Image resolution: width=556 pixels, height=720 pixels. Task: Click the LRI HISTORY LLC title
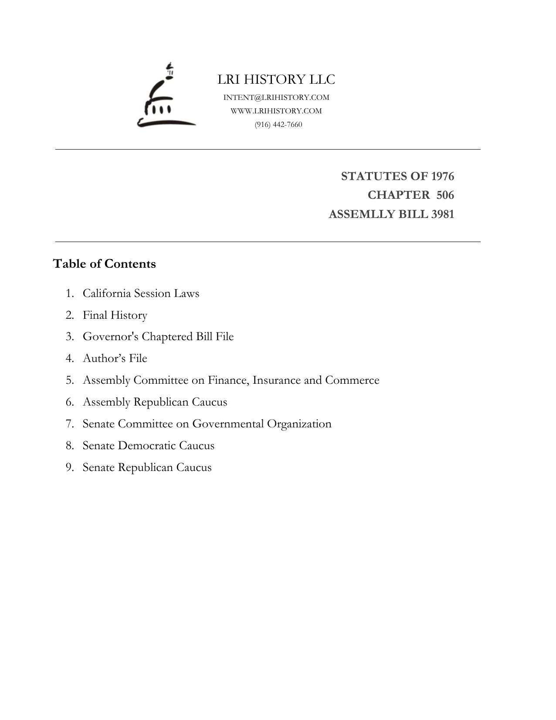[x=276, y=79]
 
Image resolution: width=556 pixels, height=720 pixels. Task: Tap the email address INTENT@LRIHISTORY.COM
[x=276, y=97]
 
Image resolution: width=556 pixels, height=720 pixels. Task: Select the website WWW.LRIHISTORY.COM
[x=276, y=111]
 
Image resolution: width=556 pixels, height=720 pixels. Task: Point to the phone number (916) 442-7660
[x=278, y=125]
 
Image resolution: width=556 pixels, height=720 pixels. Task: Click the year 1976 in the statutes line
[x=442, y=176]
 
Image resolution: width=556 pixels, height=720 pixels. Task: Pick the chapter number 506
[x=445, y=195]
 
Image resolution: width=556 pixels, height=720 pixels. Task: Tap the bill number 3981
[x=442, y=214]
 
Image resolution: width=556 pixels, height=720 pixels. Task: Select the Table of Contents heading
[x=104, y=264]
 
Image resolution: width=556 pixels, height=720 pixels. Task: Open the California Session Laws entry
[x=141, y=293]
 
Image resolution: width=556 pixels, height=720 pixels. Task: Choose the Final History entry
[x=115, y=315]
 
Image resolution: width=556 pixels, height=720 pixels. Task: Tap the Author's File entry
[x=115, y=358]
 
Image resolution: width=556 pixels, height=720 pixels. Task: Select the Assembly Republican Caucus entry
[x=155, y=402]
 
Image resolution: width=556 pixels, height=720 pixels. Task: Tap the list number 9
[x=70, y=467]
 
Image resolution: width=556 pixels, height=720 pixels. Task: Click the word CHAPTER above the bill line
[x=398, y=195]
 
